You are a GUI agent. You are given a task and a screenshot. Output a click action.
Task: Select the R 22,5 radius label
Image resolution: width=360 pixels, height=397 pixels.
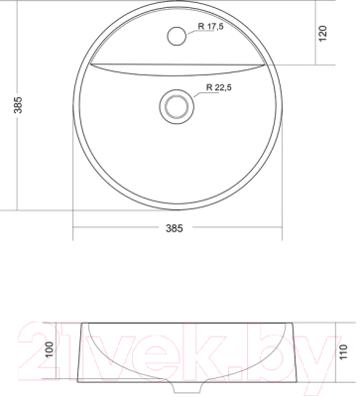click(x=218, y=88)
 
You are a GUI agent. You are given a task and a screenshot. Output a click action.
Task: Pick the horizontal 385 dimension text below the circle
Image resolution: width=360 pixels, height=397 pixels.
click(x=179, y=227)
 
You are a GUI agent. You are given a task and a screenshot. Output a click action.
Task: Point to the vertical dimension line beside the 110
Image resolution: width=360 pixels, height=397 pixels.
click(x=330, y=352)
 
